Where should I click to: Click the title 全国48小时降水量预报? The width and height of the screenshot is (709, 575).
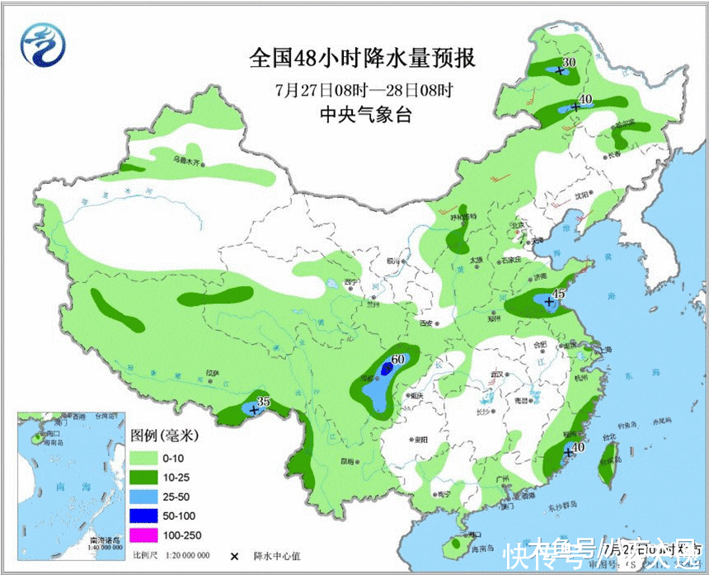363,59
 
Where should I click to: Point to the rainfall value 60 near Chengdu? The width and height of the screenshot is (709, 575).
398,359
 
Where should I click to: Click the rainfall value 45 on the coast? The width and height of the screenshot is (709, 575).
559,294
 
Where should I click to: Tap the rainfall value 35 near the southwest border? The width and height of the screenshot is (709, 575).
264,401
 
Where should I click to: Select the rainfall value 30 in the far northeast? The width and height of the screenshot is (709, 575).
568,62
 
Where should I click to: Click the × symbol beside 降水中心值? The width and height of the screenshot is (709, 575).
234,556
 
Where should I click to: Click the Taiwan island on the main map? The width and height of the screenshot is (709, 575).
611,457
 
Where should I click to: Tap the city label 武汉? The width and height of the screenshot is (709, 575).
497,374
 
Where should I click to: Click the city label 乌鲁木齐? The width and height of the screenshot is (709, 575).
187,161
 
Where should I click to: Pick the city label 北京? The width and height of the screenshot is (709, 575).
518,224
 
